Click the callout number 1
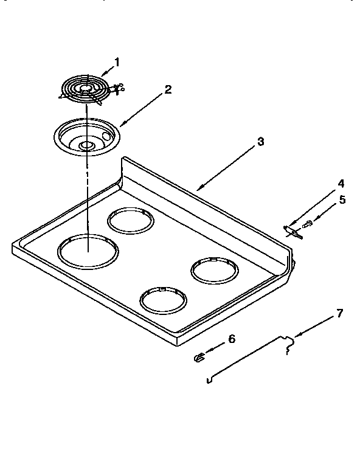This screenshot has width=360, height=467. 117,61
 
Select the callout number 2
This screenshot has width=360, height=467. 168,89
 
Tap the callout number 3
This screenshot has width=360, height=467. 260,142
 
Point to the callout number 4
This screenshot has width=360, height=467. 342,183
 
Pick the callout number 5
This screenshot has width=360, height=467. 342,199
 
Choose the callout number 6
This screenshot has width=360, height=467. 231,339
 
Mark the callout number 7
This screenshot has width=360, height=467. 339,314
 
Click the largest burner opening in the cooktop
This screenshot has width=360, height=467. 88,249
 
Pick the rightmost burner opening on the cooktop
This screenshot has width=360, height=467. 216,269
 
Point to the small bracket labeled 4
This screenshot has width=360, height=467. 291,230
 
